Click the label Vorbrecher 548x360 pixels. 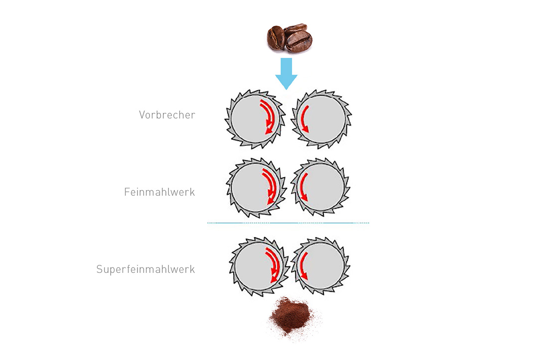[x=167, y=115]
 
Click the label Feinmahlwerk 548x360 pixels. [x=159, y=192]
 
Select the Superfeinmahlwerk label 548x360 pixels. [x=145, y=269]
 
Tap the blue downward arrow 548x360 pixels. [x=286, y=74]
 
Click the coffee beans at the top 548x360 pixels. [x=289, y=38]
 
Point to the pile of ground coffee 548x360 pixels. [x=290, y=317]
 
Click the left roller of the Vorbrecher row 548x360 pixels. [x=255, y=119]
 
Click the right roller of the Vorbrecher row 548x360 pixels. [x=321, y=119]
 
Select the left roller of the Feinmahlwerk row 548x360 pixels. [x=256, y=188]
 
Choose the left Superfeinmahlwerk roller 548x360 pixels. [x=260, y=267]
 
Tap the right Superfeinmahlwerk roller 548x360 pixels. [x=320, y=265]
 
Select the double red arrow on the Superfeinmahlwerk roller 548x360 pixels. [x=275, y=265]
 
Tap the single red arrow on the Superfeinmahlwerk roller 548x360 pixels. [x=301, y=265]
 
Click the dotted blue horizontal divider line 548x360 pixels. [x=288, y=223]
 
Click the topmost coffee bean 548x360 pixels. [x=295, y=29]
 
